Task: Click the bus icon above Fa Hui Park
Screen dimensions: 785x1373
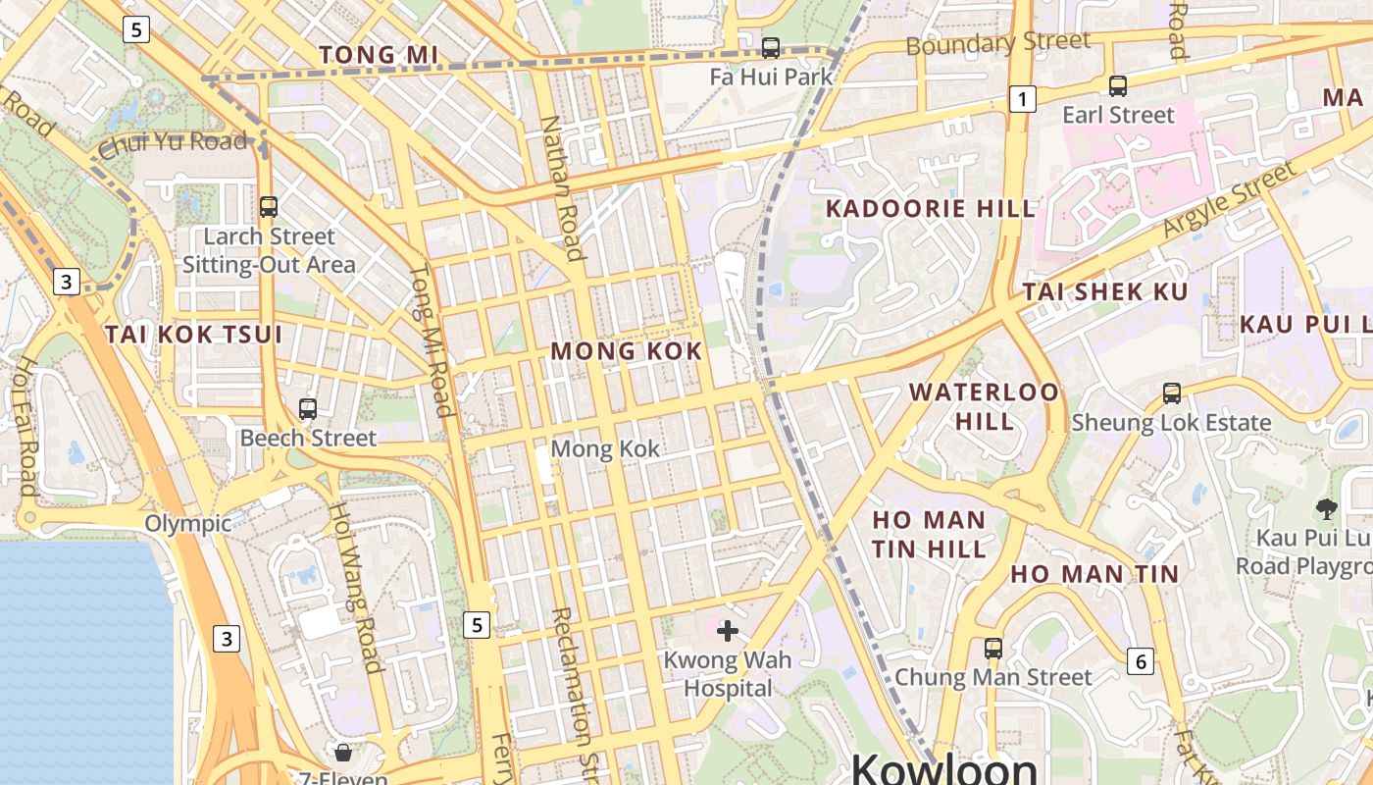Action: [x=771, y=47]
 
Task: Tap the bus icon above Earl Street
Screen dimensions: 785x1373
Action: [x=1118, y=86]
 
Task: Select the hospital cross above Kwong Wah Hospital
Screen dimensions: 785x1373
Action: [x=728, y=630]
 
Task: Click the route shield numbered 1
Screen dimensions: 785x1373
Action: [x=1023, y=98]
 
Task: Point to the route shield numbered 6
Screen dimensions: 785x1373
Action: [x=1140, y=661]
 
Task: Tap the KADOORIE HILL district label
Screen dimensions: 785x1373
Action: [x=931, y=208]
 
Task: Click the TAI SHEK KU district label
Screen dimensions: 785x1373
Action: [x=1105, y=291]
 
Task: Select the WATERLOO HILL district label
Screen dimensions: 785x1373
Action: [x=984, y=406]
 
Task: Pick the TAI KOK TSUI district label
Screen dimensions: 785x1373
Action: [x=193, y=335]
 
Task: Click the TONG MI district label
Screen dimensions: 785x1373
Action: [x=379, y=55]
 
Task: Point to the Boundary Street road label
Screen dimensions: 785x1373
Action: [x=997, y=43]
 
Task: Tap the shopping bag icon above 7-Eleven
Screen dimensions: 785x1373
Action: [x=343, y=753]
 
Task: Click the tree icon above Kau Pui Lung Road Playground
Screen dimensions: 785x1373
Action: [x=1327, y=508]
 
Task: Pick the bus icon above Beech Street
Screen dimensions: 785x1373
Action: [x=308, y=409]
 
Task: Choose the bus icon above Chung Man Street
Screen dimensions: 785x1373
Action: [x=993, y=649]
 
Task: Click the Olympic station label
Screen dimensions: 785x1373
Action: [x=188, y=523]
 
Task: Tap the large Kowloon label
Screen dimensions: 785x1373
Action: [x=943, y=768]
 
